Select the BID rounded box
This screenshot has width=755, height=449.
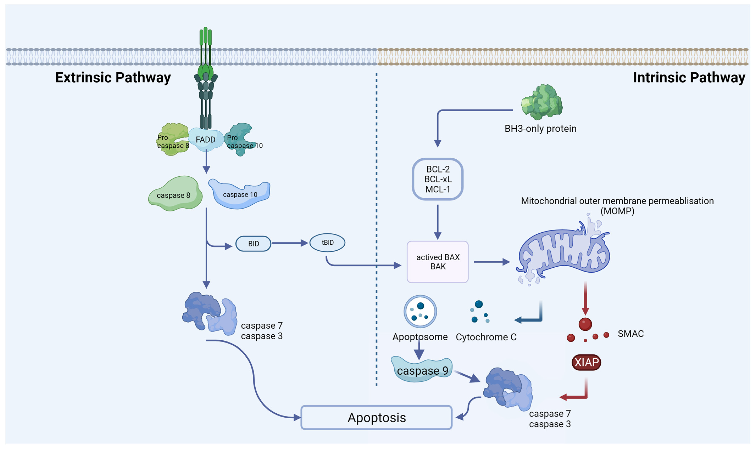[x=253, y=244]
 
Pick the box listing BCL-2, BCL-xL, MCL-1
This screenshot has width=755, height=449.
[x=438, y=179]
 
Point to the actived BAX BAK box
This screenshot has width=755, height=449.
[x=438, y=262]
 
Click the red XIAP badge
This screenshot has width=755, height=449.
[x=586, y=362]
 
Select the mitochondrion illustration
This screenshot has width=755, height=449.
[x=564, y=251]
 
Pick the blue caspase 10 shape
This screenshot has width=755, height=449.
[x=240, y=194]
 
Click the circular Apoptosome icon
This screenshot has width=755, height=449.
[x=420, y=312]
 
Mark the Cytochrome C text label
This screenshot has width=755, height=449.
[x=486, y=337]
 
